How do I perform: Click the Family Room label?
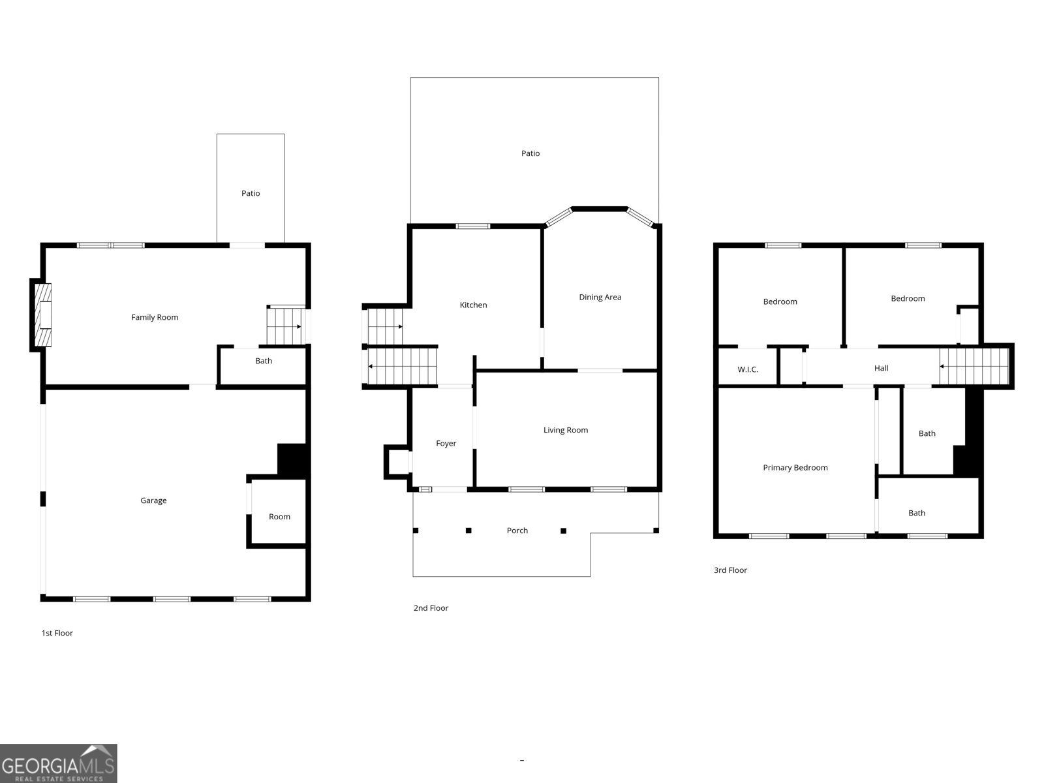point(155,318)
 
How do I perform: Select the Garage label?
point(153,500)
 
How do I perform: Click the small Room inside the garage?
point(279,517)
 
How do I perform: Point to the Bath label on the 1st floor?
point(264,361)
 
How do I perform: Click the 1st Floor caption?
point(57,633)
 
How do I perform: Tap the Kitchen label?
point(473,305)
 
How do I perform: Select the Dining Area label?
point(600,297)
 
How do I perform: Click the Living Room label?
point(566,430)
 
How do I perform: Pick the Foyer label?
point(446,444)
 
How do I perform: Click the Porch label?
point(517,530)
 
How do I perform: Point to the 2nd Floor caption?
point(431,608)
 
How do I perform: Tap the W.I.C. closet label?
point(748,369)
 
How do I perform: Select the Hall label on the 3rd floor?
point(881,368)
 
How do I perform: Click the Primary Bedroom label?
point(795,468)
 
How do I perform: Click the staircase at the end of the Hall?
point(974,367)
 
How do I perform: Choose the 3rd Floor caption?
point(730,570)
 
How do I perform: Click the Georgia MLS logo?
point(59,763)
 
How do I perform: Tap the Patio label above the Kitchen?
point(530,153)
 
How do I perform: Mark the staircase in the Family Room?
point(285,326)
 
